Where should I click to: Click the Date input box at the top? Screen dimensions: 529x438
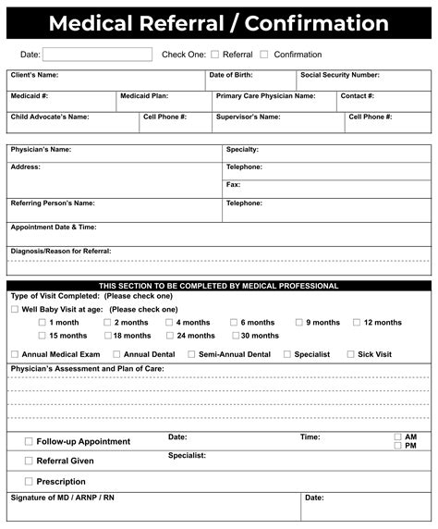[x=97, y=55]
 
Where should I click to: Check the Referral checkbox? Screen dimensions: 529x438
[x=215, y=55]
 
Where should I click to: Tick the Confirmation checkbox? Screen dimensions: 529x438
[x=264, y=55]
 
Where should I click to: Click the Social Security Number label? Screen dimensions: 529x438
[x=339, y=75]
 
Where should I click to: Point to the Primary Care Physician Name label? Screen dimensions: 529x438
[x=265, y=95]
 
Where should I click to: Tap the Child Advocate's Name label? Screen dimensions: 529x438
[x=50, y=117]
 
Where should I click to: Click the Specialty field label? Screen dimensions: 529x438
[x=242, y=149]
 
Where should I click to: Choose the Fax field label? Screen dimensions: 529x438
[x=233, y=184]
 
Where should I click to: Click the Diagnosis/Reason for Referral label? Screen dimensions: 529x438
[x=60, y=251]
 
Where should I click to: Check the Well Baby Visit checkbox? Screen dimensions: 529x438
[x=14, y=309]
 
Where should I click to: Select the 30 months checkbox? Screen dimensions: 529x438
[x=235, y=336]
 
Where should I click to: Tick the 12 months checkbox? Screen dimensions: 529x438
[x=357, y=323]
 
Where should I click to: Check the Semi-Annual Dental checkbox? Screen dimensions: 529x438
[x=191, y=354]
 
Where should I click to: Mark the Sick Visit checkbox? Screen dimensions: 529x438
[x=350, y=354]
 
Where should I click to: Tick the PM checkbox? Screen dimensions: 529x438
[x=397, y=446]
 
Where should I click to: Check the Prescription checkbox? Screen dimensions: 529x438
[x=29, y=481]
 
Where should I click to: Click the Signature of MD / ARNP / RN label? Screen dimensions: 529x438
[x=62, y=498]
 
